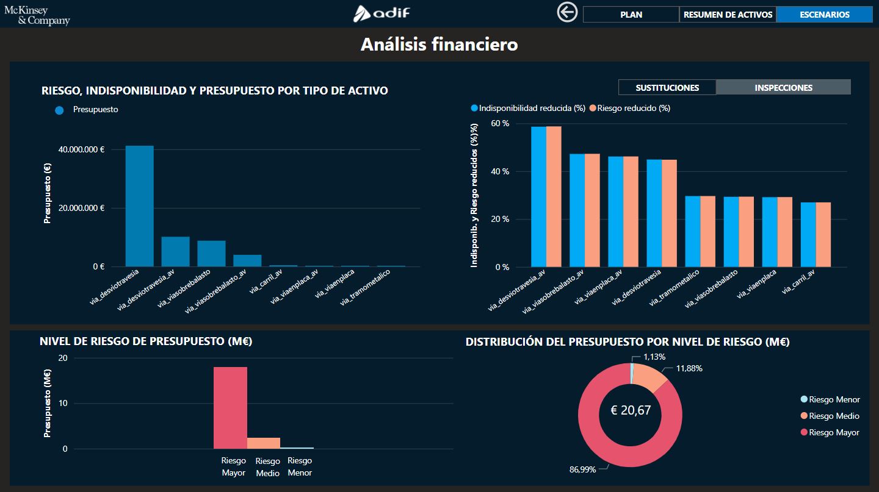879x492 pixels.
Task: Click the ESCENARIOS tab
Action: pos(825,15)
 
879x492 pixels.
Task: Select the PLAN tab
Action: pos(631,15)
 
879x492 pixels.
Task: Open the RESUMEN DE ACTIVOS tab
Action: pos(728,15)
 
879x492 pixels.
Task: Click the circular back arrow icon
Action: pos(567,12)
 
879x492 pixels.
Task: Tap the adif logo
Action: pos(382,13)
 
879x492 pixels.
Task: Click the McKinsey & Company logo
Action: pos(37,15)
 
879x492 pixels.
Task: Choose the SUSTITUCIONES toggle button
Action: pos(667,87)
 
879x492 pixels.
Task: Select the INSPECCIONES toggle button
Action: pos(783,87)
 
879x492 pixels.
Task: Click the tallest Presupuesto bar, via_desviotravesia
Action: pos(139,206)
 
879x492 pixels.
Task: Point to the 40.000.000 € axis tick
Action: pos(82,149)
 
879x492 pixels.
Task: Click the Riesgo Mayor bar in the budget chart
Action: pos(230,408)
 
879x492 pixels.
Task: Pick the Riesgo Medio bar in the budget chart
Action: pos(264,443)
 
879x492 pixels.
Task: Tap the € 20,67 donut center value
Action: pos(631,410)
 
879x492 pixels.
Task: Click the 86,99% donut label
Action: pos(582,469)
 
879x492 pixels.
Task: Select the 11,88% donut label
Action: pos(689,368)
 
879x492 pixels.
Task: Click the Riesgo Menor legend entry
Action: pos(830,399)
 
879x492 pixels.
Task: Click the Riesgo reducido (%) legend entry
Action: pos(630,108)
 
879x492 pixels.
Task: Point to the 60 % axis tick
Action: pos(500,124)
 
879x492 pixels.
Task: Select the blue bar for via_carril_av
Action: pos(808,235)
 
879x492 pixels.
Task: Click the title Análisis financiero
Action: pos(439,45)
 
